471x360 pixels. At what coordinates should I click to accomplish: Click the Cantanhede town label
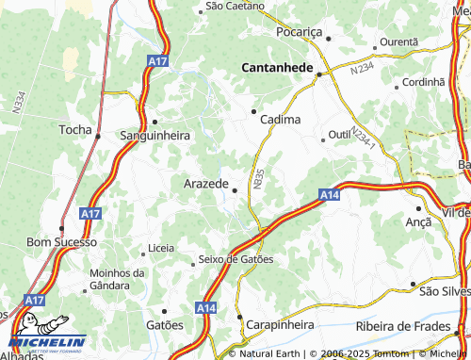coord(280,67)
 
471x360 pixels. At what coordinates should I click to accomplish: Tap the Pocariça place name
coord(299,32)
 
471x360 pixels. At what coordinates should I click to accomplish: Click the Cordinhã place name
coord(423,82)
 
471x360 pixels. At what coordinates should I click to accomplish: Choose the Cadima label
coord(280,120)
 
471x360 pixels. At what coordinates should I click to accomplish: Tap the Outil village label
coord(339,136)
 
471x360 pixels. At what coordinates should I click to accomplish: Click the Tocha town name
coord(75,129)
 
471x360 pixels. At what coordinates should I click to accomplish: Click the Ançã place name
coord(417,221)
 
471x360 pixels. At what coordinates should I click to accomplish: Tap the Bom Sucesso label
coord(61,242)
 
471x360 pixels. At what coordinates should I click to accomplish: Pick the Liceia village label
coord(161,249)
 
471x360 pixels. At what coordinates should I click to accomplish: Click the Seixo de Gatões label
coord(235,259)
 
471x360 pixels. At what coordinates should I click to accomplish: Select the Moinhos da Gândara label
coord(117,279)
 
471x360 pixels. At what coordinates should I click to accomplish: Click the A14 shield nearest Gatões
coord(208,308)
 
